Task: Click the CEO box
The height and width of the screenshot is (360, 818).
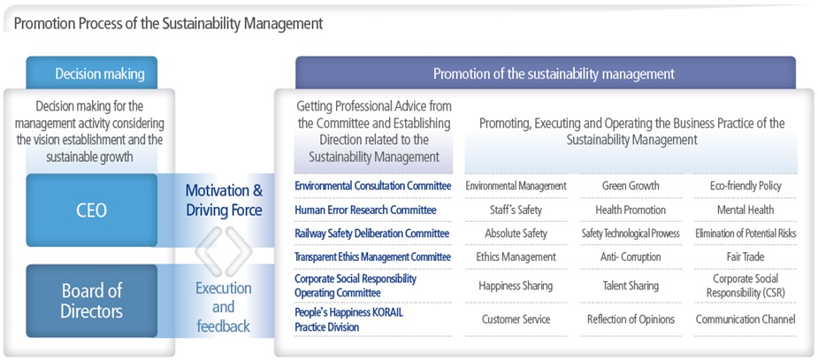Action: pyautogui.click(x=92, y=211)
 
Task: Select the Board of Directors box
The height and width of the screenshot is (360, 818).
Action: pyautogui.click(x=92, y=301)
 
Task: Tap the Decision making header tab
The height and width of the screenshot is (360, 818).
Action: pyautogui.click(x=92, y=73)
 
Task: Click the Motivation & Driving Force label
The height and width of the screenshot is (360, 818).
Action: pyautogui.click(x=224, y=201)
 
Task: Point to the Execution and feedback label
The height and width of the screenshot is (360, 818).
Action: pyautogui.click(x=224, y=307)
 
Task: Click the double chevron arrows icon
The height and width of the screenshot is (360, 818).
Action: pyautogui.click(x=224, y=251)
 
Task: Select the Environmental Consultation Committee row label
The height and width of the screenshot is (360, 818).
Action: pyautogui.click(x=373, y=186)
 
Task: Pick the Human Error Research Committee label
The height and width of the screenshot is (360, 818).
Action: pyautogui.click(x=365, y=211)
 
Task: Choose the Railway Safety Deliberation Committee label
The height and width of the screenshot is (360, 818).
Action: pyautogui.click(x=372, y=234)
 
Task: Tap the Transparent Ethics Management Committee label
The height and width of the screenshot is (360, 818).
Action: pyautogui.click(x=373, y=257)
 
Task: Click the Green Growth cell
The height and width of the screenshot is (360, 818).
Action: pyautogui.click(x=631, y=186)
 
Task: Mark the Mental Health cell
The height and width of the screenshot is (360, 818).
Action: pyautogui.click(x=745, y=211)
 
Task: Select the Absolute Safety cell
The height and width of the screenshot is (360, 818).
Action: pyautogui.click(x=516, y=234)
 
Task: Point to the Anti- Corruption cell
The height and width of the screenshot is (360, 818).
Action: pyautogui.click(x=631, y=257)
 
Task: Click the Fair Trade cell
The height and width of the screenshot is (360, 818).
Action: pyautogui.click(x=745, y=257)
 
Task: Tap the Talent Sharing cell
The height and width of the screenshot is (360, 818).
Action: pyautogui.click(x=631, y=286)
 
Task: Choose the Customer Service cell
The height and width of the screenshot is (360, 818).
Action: pyautogui.click(x=516, y=318)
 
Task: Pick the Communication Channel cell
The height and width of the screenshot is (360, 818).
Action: pyautogui.click(x=745, y=318)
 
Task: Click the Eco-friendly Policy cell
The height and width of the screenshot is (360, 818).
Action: pyautogui.click(x=745, y=186)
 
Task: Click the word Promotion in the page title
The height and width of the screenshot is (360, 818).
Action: pyautogui.click(x=39, y=24)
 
